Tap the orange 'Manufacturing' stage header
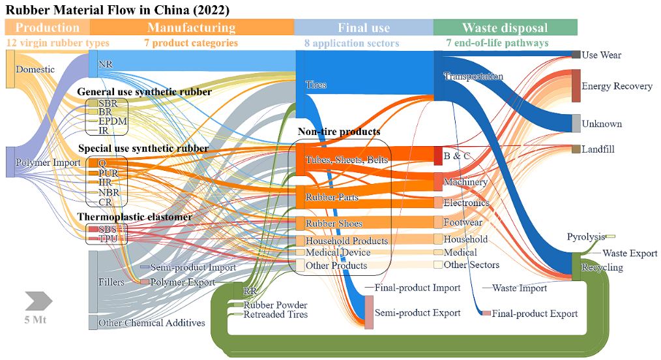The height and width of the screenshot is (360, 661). pyautogui.click(x=191, y=27)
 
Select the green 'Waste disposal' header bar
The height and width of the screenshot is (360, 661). pyautogui.click(x=505, y=27)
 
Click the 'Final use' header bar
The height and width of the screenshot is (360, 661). pyautogui.click(x=363, y=27)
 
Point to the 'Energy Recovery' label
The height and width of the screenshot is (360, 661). pyautogui.click(x=617, y=86)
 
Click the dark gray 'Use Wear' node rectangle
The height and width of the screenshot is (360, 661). pyautogui.click(x=576, y=55)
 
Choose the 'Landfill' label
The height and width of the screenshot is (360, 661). pyautogui.click(x=598, y=149)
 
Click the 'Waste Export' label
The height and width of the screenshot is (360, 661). pyautogui.click(x=630, y=253)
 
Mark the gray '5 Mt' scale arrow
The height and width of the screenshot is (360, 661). pyautogui.click(x=38, y=301)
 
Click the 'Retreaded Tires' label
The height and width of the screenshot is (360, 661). pyautogui.click(x=276, y=314)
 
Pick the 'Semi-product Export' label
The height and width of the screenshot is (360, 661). pyautogui.click(x=417, y=312)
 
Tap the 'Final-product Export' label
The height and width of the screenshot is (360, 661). pyautogui.click(x=535, y=314)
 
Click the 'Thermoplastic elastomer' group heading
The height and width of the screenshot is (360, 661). pyautogui.click(x=135, y=217)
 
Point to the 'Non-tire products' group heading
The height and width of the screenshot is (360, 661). pyautogui.click(x=339, y=132)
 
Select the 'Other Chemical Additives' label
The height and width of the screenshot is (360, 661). pyautogui.click(x=151, y=323)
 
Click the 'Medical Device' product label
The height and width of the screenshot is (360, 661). pyautogui.click(x=338, y=252)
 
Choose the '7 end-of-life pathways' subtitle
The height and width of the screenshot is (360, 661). pyautogui.click(x=497, y=43)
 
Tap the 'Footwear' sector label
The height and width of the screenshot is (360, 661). pyautogui.click(x=463, y=222)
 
